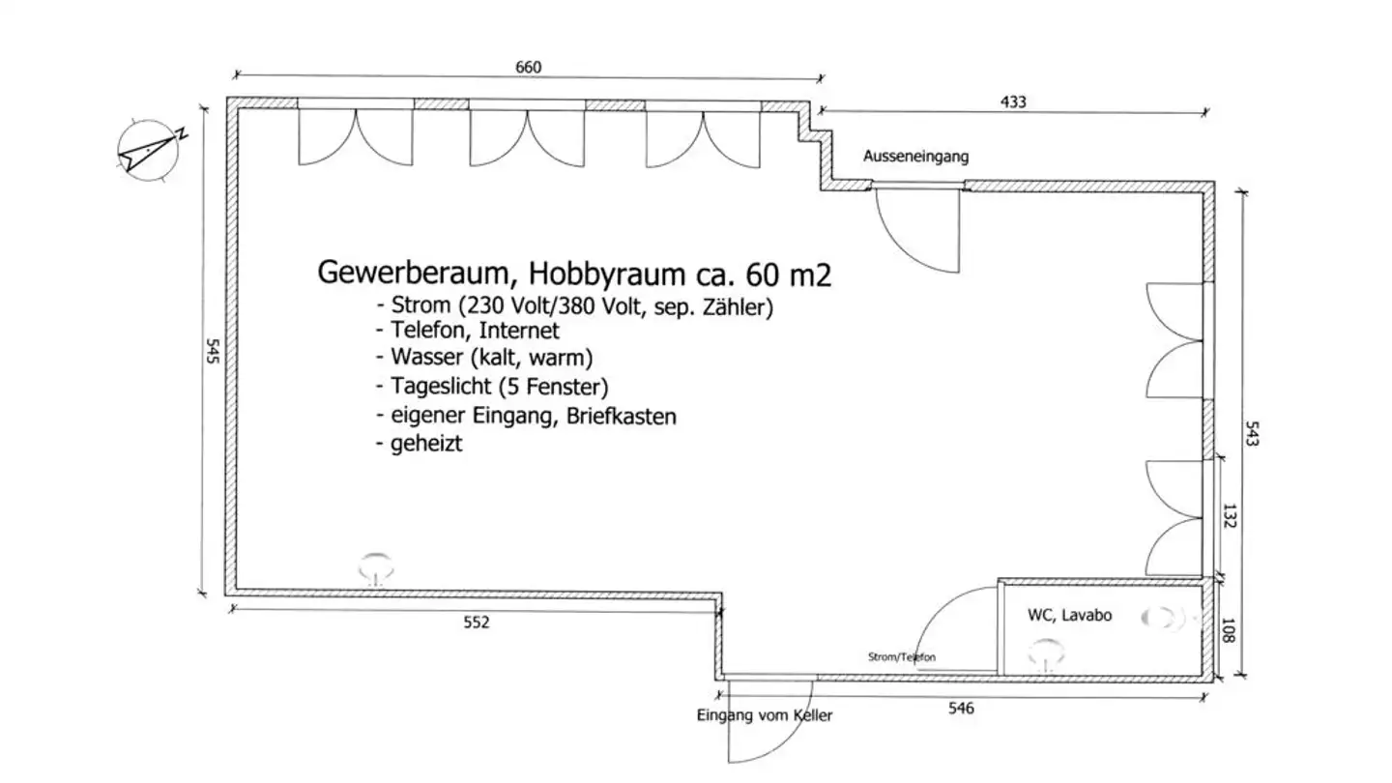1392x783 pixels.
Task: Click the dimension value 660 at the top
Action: [x=528, y=67]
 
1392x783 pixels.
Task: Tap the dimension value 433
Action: [x=1012, y=101]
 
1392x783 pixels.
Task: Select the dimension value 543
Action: [x=1254, y=432]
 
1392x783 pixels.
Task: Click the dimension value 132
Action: [x=1230, y=516]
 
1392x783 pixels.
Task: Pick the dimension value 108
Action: [x=1230, y=630]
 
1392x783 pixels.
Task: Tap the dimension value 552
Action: [x=477, y=623]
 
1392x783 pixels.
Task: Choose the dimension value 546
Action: [x=960, y=709]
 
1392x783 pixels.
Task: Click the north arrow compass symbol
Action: [x=148, y=150]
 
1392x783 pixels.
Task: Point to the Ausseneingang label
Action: [x=915, y=157]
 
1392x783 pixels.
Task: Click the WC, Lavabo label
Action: [x=1069, y=615]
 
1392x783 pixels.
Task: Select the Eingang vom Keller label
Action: [x=765, y=716]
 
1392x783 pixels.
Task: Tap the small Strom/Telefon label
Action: [x=902, y=657]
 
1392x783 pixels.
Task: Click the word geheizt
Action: [x=426, y=445]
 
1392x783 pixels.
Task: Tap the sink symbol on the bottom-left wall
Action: [x=376, y=567]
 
